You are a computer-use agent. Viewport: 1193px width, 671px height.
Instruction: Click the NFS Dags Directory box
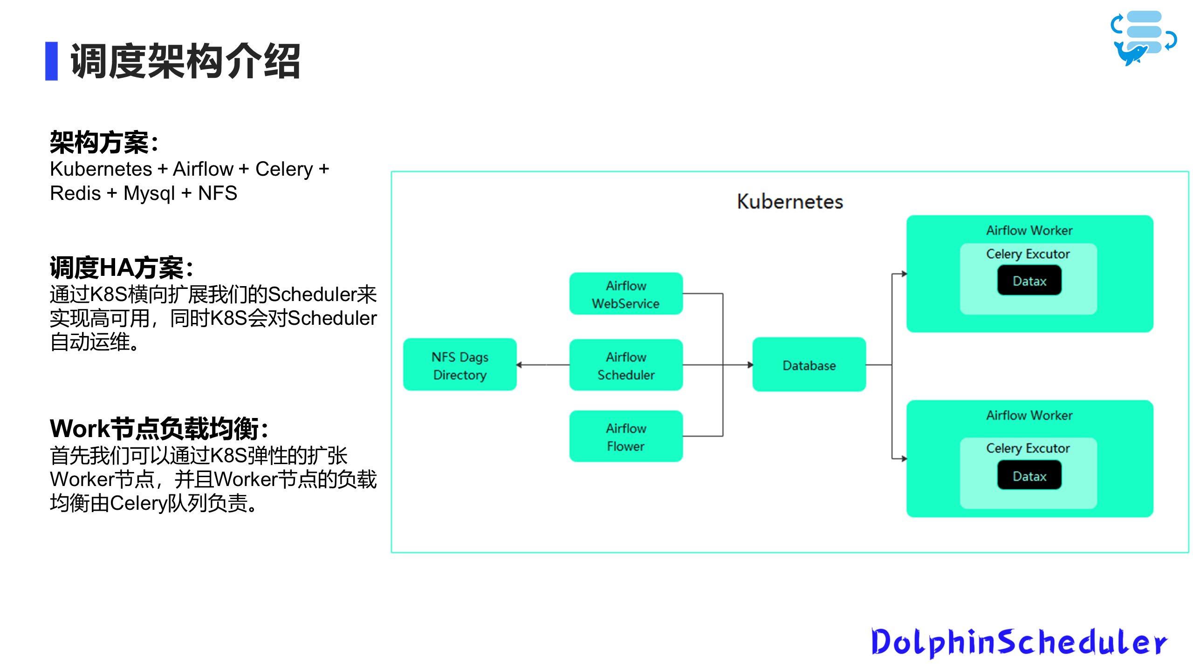point(459,365)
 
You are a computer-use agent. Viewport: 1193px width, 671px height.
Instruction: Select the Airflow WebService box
point(626,294)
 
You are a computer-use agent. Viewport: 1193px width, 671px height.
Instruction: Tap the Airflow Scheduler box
point(626,365)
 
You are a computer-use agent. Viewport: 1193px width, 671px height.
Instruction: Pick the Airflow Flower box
point(626,437)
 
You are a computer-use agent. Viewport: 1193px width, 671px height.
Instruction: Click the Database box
point(809,365)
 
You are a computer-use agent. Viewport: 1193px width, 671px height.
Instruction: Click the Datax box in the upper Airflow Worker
point(1029,281)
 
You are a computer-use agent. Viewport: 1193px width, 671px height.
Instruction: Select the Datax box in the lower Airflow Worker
point(1029,476)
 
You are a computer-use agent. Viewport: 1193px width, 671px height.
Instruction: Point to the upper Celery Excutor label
point(1028,254)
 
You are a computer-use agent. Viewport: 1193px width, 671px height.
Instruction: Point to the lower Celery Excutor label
point(1028,448)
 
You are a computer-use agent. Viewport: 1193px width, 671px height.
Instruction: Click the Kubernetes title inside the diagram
point(790,202)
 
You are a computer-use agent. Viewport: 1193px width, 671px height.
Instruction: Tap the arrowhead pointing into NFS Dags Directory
point(520,365)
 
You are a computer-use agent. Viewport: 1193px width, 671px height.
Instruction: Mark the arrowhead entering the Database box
point(750,365)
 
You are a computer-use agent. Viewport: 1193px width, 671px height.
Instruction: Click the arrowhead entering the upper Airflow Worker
point(904,274)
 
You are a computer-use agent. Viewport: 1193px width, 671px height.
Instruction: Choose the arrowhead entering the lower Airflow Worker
point(904,459)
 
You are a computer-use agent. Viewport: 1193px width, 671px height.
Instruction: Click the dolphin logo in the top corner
point(1143,38)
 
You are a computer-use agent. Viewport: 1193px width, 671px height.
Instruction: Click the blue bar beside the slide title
point(51,61)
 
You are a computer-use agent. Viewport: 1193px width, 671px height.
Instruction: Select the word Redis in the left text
point(75,193)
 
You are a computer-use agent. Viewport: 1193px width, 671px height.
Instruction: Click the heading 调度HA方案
point(121,268)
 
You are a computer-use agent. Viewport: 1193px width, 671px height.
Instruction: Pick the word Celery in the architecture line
point(284,169)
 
